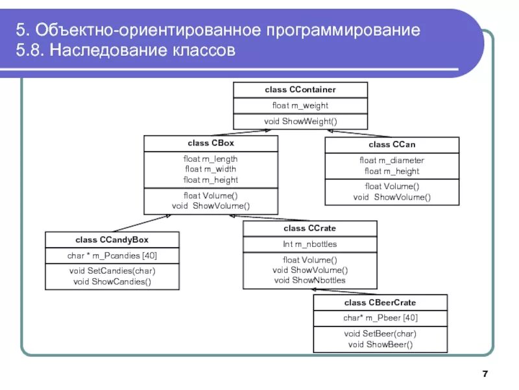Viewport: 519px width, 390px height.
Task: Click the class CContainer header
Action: [x=300, y=89]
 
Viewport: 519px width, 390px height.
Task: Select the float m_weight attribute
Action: [x=300, y=105]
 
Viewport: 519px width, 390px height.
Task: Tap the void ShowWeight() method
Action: [x=300, y=122]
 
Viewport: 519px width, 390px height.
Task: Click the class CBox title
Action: [x=211, y=142]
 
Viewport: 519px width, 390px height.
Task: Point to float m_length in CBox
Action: [x=211, y=159]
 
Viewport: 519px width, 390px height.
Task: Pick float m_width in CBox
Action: [x=211, y=169]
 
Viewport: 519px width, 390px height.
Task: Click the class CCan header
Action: [x=392, y=144]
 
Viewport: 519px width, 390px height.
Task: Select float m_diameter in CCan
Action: [x=392, y=161]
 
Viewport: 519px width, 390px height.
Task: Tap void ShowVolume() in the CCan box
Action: [x=392, y=197]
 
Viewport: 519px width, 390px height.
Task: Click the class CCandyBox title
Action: [x=112, y=239]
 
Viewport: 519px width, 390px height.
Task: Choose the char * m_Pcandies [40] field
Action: [x=112, y=255]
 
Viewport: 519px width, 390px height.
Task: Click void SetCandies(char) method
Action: [x=112, y=271]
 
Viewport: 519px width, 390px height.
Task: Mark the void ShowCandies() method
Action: [x=112, y=281]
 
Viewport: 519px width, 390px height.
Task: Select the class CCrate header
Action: [x=309, y=228]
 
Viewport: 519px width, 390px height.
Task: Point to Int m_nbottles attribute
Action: [x=309, y=244]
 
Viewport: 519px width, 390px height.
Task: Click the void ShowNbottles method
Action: [x=309, y=280]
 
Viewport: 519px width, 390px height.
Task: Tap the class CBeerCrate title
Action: [x=380, y=302]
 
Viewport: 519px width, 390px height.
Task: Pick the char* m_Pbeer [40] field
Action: [x=380, y=318]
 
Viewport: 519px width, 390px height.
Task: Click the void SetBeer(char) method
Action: [x=380, y=334]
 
